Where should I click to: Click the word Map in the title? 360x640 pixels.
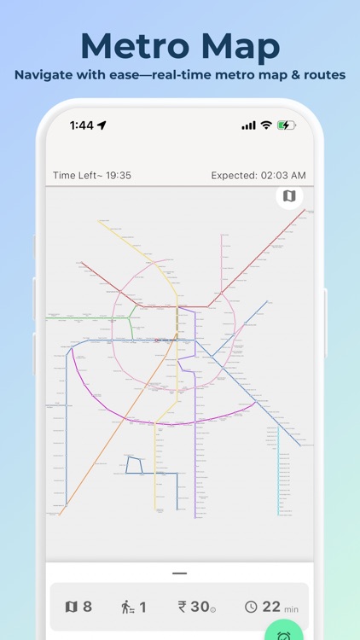(x=238, y=44)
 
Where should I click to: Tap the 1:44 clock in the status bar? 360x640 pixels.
(x=82, y=125)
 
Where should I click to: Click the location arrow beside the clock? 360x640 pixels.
(x=102, y=125)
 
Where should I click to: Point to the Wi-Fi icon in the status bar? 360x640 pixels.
(x=266, y=125)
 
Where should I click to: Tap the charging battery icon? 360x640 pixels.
(x=286, y=125)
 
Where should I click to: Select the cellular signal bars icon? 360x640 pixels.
(x=248, y=125)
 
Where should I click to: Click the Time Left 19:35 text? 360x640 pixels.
(x=92, y=176)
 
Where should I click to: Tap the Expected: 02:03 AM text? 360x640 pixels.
(x=258, y=176)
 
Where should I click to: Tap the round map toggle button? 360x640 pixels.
(x=289, y=196)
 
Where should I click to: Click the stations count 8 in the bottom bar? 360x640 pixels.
(x=78, y=607)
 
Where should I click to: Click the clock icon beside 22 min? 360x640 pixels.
(x=251, y=608)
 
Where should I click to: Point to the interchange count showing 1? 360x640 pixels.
(x=134, y=607)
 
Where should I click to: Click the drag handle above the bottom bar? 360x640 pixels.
(x=179, y=573)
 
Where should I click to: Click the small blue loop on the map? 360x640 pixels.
(x=133, y=464)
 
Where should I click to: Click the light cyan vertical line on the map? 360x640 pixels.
(x=278, y=469)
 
